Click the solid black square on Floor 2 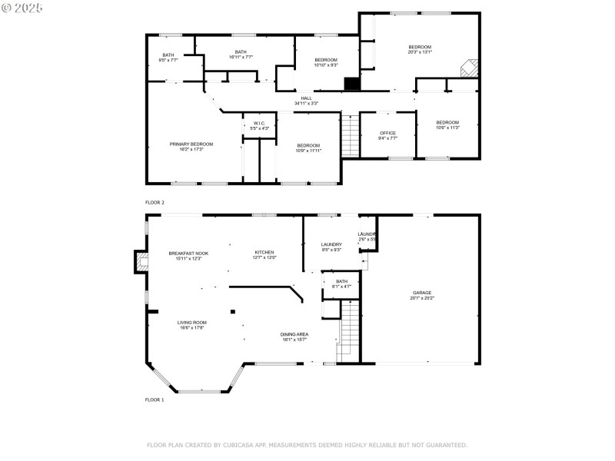tap(351, 84)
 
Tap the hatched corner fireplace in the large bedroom tap(468, 68)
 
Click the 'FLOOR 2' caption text tap(155, 201)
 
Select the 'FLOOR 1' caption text tap(155, 400)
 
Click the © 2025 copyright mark tap(22, 7)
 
